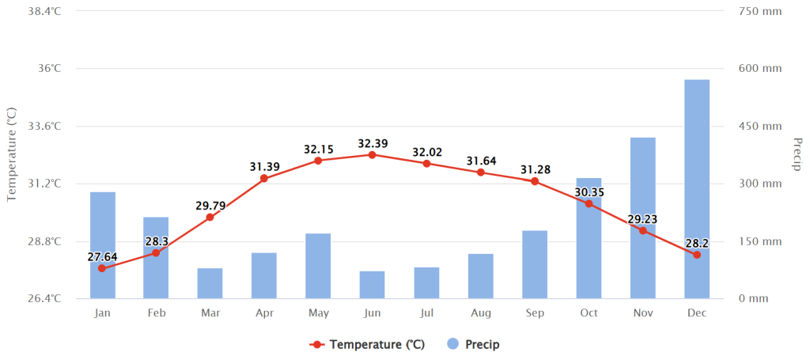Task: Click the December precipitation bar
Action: [x=697, y=189]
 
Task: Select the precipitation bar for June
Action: [x=373, y=285]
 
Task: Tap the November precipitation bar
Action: [x=642, y=218]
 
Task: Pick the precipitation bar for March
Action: [x=210, y=283]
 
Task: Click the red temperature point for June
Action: [x=372, y=154]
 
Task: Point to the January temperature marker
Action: [x=102, y=268]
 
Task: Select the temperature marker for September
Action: [x=535, y=181]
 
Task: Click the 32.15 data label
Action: [x=319, y=150]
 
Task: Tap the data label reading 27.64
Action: [x=102, y=256]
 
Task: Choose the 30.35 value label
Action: [x=589, y=192]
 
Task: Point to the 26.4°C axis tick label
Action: [x=44, y=298]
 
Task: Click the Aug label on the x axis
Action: [x=480, y=313]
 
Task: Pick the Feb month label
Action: [x=156, y=313]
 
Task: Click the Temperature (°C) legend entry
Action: [x=367, y=344]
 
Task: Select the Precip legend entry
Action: [x=473, y=344]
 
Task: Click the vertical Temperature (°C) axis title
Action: [x=13, y=154]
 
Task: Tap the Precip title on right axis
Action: [x=797, y=154]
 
